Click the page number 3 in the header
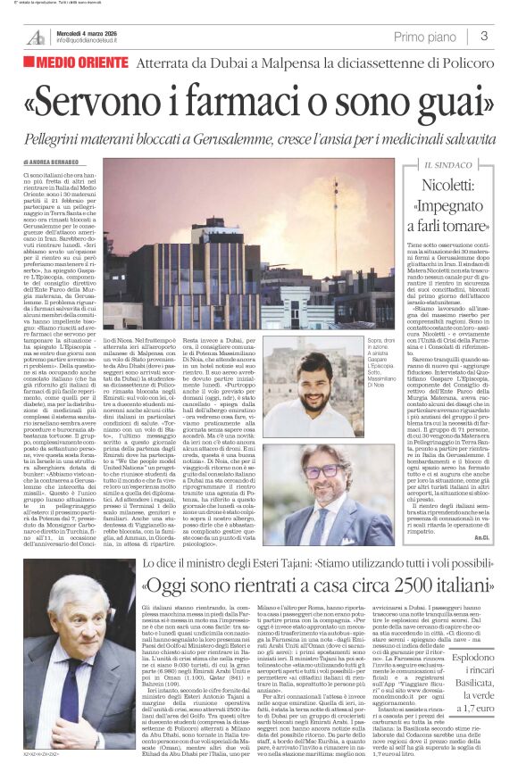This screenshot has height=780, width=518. (483, 37)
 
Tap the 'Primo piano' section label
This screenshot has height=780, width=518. (423, 37)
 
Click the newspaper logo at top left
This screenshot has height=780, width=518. (36, 37)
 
